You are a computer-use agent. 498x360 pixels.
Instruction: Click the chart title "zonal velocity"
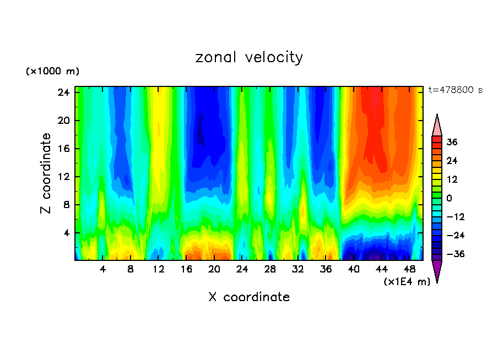tap(249, 57)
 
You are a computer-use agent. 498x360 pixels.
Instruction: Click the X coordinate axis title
tap(249, 297)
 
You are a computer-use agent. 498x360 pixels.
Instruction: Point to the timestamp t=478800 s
tap(455, 90)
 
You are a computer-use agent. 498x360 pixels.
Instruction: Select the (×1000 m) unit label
tap(52, 72)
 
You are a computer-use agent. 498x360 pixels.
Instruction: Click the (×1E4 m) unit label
tap(407, 282)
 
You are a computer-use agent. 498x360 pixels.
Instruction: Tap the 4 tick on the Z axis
tap(66, 233)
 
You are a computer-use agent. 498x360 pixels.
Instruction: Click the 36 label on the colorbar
tap(452, 142)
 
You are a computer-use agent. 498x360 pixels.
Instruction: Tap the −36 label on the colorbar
tap(452, 254)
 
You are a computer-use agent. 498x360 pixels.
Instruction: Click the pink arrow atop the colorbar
tap(437, 125)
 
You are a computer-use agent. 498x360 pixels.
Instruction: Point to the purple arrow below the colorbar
tap(437, 271)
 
